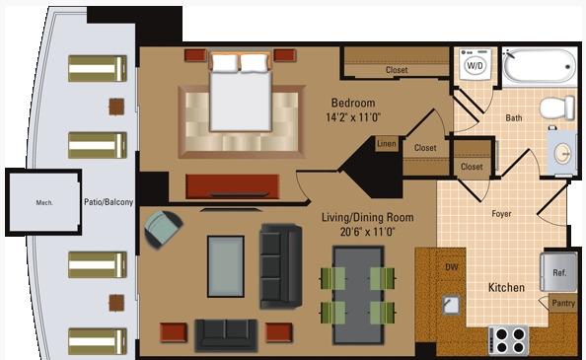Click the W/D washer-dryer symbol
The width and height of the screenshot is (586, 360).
[x=475, y=64]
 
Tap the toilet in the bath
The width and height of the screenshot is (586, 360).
[x=557, y=108]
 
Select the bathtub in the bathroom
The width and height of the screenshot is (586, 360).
[x=540, y=66]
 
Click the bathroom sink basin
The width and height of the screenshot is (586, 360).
[x=563, y=154]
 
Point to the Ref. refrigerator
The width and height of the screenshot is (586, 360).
[x=558, y=272]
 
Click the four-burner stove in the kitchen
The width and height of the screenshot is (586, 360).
[x=509, y=340]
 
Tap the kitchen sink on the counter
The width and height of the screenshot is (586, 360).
[x=451, y=305]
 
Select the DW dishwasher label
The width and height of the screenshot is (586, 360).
[x=452, y=267]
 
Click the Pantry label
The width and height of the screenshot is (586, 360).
[x=563, y=303]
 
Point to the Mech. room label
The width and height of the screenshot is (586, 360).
[x=44, y=203]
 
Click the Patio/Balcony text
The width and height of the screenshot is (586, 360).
[x=109, y=202]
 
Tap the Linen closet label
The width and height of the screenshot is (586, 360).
[x=387, y=143]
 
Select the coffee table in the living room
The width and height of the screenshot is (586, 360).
[x=226, y=266]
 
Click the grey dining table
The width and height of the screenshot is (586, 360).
[x=358, y=295]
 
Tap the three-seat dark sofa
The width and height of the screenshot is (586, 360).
[x=280, y=266]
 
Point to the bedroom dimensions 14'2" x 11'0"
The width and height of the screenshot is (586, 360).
[x=353, y=117]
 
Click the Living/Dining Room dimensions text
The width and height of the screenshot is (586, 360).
[x=367, y=232]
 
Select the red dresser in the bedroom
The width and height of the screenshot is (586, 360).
[x=233, y=186]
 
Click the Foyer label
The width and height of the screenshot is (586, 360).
[x=501, y=214]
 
